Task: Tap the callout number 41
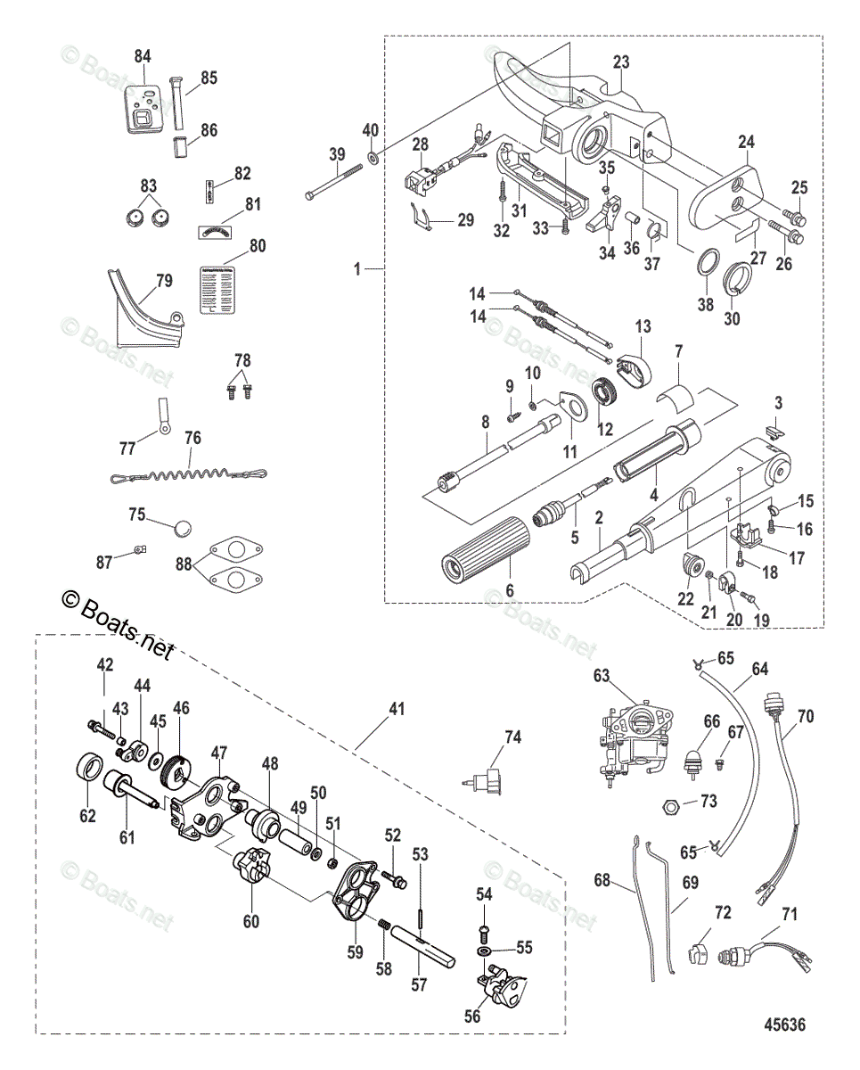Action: (x=397, y=710)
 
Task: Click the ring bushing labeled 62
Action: (x=87, y=768)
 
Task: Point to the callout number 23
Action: (x=621, y=62)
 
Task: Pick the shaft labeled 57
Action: (x=427, y=943)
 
